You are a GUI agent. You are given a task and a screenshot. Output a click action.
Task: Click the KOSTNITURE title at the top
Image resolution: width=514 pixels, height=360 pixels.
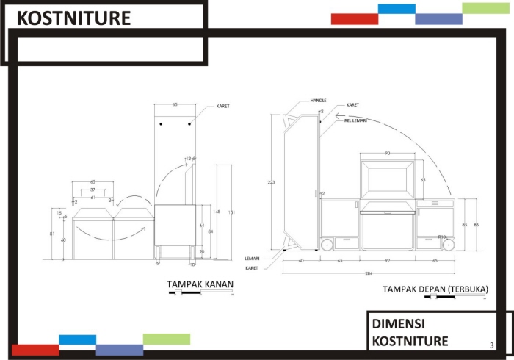coord(73,18)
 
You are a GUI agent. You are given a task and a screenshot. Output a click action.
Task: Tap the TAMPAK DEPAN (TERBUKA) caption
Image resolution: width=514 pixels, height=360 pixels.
coord(435,289)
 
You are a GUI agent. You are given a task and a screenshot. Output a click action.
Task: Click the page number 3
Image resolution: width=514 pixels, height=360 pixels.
coord(491,344)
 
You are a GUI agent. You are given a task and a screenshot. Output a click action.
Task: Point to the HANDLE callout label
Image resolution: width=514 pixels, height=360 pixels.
coord(318,99)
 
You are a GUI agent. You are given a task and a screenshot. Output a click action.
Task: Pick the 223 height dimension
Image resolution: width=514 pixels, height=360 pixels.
coord(272,181)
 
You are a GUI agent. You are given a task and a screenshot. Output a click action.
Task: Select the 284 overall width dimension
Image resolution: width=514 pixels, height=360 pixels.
coord(369,273)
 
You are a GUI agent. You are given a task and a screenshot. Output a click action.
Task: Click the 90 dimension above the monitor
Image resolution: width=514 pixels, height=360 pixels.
coord(387,153)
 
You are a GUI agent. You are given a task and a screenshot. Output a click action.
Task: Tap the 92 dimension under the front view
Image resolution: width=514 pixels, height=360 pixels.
coord(387,261)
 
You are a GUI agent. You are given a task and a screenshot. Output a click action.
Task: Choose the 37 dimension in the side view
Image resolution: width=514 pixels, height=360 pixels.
coord(93,190)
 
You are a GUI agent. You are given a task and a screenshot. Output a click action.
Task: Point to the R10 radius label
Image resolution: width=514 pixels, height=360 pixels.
coord(442,237)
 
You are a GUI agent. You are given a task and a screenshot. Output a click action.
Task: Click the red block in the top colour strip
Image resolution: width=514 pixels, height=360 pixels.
coord(354,19)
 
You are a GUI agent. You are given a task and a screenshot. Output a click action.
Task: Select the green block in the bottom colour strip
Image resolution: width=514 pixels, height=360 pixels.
coord(166,339)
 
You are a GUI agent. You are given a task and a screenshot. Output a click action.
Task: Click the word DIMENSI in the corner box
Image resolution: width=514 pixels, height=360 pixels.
coord(399,323)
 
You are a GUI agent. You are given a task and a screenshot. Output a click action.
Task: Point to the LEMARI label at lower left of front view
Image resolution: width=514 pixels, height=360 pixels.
coord(251,258)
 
